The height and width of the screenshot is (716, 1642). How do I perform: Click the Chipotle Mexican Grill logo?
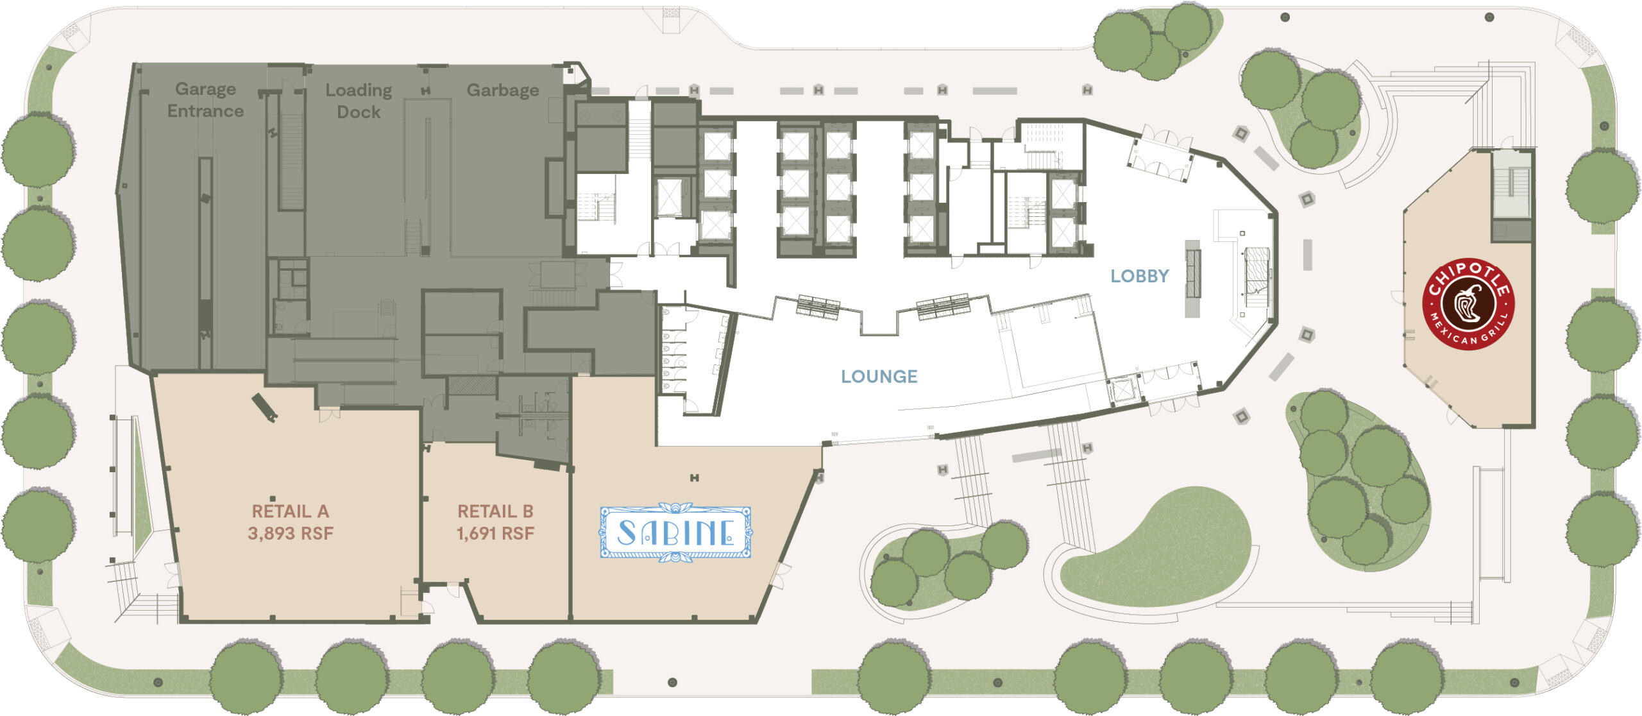pos(1468,304)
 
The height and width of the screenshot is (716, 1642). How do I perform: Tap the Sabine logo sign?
pos(675,533)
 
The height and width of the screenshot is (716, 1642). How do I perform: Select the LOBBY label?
pos(1140,277)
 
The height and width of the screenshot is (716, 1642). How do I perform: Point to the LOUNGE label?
pos(879,377)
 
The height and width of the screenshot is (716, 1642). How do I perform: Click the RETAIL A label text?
pos(290,511)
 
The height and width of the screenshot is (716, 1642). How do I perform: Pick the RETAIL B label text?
pos(495,511)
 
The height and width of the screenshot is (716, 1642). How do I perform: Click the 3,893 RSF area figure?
pos(290,534)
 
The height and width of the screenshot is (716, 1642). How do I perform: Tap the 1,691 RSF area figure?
pos(495,534)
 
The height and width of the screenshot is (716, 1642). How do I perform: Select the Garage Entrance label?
pos(205,100)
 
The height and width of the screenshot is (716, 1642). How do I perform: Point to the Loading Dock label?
pos(359,101)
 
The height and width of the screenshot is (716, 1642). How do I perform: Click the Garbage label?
pos(503,90)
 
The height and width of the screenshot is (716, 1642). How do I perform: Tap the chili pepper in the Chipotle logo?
pos(1468,304)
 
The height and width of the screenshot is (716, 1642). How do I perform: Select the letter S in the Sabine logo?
pos(627,533)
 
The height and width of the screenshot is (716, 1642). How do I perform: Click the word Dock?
pos(359,112)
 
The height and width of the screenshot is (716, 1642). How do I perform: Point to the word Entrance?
pos(205,111)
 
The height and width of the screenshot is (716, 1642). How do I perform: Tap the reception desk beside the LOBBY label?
pos(1192,278)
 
